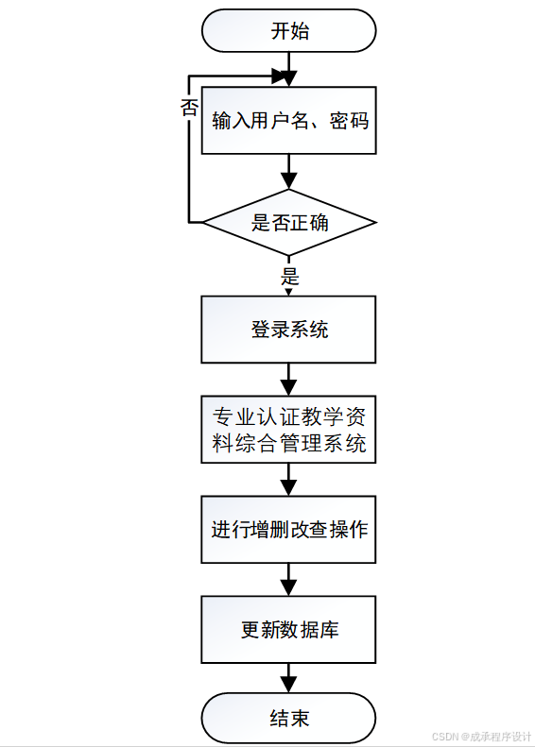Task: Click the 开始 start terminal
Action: tap(289, 31)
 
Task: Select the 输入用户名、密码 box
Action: tap(289, 121)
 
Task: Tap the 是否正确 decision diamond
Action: tap(289, 223)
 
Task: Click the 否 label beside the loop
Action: tap(189, 108)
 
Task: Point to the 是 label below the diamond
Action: tap(290, 277)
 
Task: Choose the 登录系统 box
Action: tap(289, 330)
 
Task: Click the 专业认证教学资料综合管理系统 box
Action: tap(289, 430)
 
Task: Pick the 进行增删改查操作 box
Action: tap(289, 529)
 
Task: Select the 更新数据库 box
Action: tap(289, 629)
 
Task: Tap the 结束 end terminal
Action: tap(289, 719)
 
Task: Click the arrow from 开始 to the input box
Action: tap(289, 68)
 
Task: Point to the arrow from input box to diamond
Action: tap(289, 172)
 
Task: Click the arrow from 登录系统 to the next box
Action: tap(289, 379)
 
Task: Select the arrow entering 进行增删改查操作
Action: tap(289, 479)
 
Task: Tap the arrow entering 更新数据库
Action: tap(289, 578)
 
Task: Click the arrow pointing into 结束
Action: tap(289, 677)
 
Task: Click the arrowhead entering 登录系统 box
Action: tap(289, 290)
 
